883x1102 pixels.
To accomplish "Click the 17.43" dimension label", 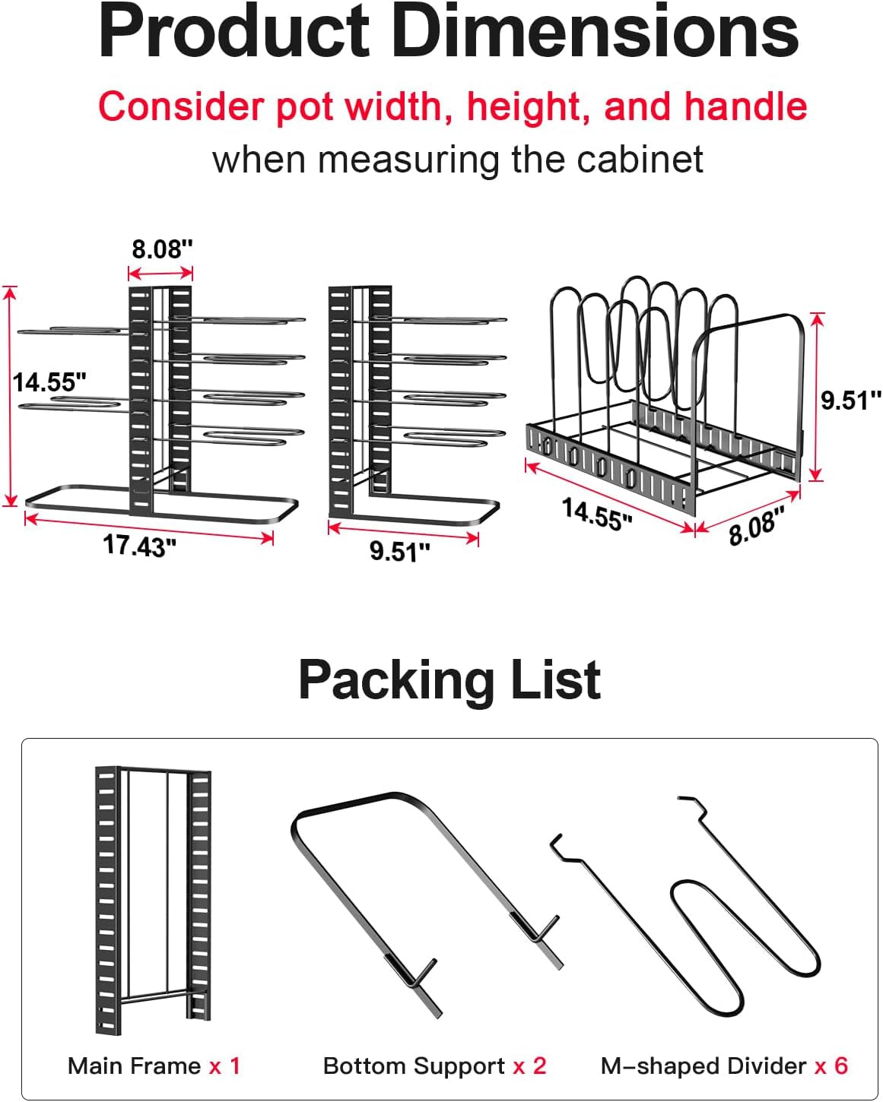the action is [139, 546].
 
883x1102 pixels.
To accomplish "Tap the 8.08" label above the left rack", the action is [163, 249].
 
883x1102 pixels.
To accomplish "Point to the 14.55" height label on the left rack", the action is [49, 382].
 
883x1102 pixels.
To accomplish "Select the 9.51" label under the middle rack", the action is [400, 552].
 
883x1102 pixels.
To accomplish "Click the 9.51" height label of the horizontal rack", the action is [851, 400].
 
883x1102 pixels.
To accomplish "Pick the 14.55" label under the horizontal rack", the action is [597, 514].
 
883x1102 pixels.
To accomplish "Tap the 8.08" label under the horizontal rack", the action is [757, 525].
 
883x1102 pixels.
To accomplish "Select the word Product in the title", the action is [233, 32].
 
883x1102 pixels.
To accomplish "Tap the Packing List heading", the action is [449, 680].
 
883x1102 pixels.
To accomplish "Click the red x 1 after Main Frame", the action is [224, 1066].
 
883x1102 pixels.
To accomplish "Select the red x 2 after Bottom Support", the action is [529, 1066].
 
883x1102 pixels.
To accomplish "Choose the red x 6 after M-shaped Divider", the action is [831, 1066].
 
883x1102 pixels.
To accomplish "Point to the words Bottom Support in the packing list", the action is [414, 1067].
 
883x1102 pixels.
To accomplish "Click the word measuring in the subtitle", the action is [408, 161].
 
